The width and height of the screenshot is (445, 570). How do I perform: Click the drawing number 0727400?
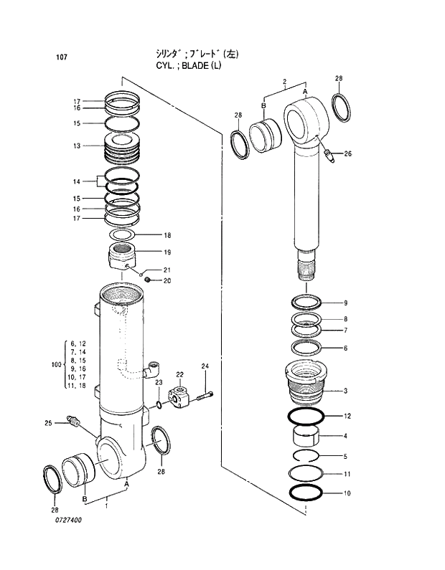tap(67, 521)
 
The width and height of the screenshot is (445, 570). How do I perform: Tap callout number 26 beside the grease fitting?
tap(347, 153)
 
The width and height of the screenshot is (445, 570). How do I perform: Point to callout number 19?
tap(167, 252)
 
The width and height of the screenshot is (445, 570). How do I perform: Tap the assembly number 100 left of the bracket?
tap(57, 365)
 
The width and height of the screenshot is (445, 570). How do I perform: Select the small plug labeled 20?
tap(146, 280)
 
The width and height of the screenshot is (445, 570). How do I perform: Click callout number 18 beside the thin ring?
tap(167, 235)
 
